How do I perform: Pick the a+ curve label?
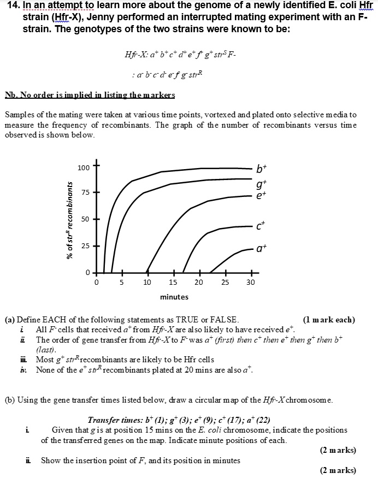point(262,250)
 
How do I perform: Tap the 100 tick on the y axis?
point(84,166)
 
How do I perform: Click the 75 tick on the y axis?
point(86,193)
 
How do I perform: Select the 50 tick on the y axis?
point(86,219)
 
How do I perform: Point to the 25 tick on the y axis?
point(86,246)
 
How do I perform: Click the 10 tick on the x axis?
point(147,283)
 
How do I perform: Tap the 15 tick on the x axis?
point(173,283)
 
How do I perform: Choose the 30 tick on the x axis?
point(251,283)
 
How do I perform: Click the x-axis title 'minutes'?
point(174,297)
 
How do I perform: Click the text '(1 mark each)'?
point(328,320)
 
